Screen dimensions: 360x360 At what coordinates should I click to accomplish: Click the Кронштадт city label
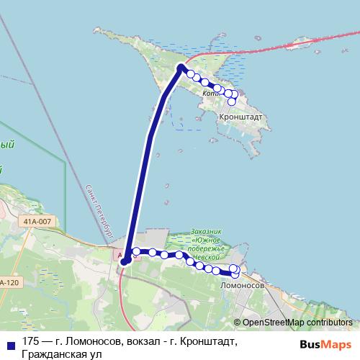pos(241,115)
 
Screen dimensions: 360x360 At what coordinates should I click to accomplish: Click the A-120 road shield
pos(9,282)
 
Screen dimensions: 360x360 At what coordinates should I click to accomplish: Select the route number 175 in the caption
pos(30,341)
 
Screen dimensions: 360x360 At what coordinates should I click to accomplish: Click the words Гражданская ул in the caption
pos(62,354)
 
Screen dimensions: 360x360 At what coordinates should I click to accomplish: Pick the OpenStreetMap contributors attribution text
pos(293,323)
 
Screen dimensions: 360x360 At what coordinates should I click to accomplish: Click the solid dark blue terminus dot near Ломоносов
pos(124,261)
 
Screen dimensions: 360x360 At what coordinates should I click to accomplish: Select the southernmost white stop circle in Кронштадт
pos(232,102)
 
